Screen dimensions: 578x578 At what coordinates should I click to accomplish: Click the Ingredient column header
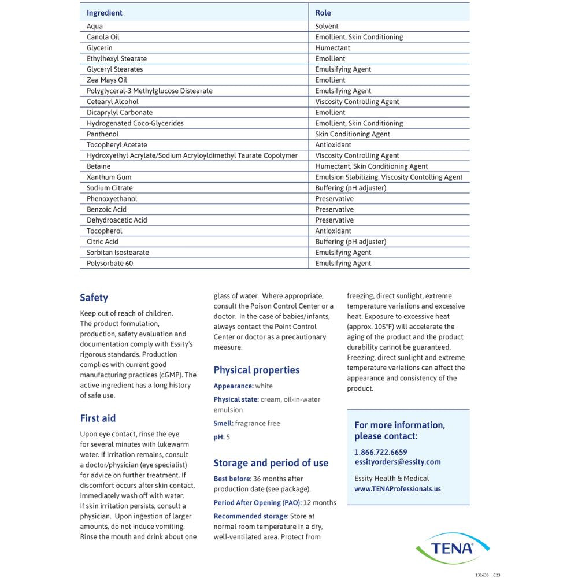pyautogui.click(x=105, y=13)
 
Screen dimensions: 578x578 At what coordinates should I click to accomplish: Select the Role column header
pyautogui.click(x=323, y=13)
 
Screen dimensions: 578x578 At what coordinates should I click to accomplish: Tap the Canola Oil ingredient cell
pyautogui.click(x=103, y=37)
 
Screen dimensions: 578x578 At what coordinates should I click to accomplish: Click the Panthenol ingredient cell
pyautogui.click(x=103, y=134)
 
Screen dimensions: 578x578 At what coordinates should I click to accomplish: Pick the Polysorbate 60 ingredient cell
pyautogui.click(x=110, y=264)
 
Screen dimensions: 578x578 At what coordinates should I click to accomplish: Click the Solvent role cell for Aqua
pyautogui.click(x=327, y=26)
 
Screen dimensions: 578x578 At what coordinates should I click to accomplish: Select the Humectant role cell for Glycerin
pyautogui.click(x=333, y=48)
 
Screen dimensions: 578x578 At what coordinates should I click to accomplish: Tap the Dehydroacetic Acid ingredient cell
pyautogui.click(x=117, y=220)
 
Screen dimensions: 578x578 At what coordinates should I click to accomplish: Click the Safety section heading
pyautogui.click(x=94, y=298)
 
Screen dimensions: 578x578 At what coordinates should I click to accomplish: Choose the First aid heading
pyautogui.click(x=98, y=418)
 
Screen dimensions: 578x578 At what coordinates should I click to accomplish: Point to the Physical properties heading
pyautogui.click(x=257, y=370)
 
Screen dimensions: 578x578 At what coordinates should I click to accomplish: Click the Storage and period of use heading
pyautogui.click(x=271, y=463)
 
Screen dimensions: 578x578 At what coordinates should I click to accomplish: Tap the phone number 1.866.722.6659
pyautogui.click(x=381, y=452)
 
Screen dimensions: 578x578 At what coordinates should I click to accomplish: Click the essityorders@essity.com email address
pyautogui.click(x=398, y=462)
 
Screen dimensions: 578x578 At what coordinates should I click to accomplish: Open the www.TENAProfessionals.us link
pyautogui.click(x=398, y=488)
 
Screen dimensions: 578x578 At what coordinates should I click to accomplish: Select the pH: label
pyautogui.click(x=219, y=438)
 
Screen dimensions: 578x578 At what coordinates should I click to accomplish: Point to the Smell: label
pyautogui.click(x=224, y=424)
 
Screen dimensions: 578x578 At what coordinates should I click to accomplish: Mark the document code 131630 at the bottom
pyautogui.click(x=481, y=575)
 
